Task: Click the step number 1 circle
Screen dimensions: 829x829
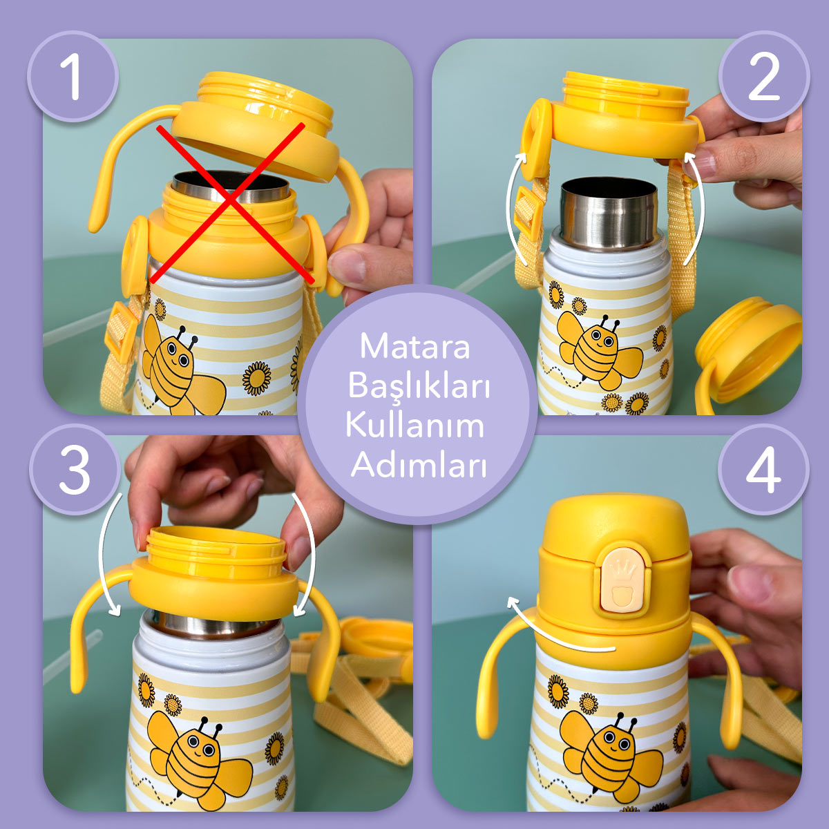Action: [72, 76]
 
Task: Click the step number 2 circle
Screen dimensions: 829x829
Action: [763, 76]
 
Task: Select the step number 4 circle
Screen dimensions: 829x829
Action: [763, 470]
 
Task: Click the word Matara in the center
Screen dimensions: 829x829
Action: [414, 345]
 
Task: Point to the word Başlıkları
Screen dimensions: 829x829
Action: [419, 385]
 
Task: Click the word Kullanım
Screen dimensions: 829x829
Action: [414, 424]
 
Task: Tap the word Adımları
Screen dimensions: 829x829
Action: [419, 464]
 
